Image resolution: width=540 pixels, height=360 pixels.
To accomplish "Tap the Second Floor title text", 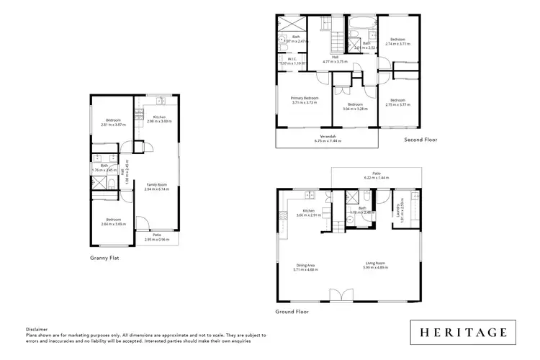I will point(420,140).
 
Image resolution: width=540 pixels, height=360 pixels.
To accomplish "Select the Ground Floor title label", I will point(292,312).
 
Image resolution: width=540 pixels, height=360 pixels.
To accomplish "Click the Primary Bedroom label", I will point(305,99).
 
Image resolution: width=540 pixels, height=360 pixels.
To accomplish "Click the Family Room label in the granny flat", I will point(157,186).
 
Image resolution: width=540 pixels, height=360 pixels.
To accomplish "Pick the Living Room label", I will point(375,265).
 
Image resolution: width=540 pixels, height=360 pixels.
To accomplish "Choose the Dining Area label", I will point(306,265).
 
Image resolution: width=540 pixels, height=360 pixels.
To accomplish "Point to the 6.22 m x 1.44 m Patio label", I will point(376,174).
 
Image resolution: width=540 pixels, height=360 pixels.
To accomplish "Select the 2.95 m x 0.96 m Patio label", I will point(156,236).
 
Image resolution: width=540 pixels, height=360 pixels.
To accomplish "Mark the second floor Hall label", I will point(336,58).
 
